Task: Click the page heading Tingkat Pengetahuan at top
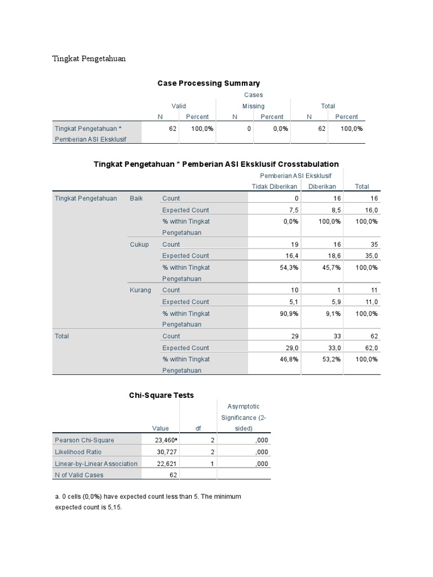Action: (89, 59)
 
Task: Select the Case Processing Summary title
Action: (208, 83)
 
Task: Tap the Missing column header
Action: (253, 106)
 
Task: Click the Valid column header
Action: (179, 106)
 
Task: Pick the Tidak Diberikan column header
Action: (275, 187)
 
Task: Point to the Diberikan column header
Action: (322, 187)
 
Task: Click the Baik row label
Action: (136, 198)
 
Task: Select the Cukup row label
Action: (139, 245)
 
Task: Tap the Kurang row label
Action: (140, 290)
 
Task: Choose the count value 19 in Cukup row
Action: (293, 245)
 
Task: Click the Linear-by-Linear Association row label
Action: (96, 464)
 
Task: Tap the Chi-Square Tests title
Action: (161, 396)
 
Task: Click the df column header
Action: (198, 428)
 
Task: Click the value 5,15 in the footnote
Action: (113, 507)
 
